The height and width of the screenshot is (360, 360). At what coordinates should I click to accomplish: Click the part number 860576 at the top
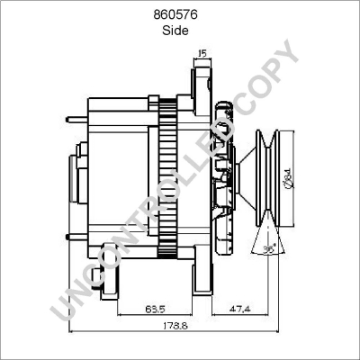[179, 15]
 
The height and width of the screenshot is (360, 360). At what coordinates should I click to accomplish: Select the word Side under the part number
[179, 30]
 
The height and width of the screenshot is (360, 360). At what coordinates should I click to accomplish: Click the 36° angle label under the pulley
[270, 252]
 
